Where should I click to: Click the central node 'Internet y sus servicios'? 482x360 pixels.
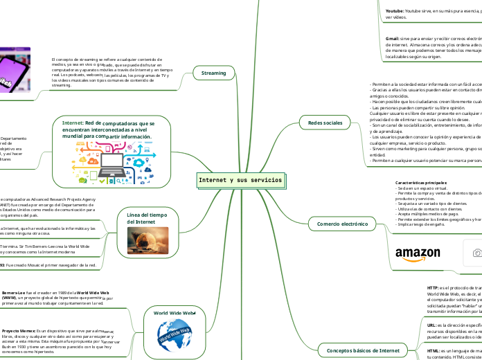click(240, 180)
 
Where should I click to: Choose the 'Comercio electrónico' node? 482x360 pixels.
click(342, 224)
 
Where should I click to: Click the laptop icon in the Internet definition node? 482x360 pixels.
click(111, 163)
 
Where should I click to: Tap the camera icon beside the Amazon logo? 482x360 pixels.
click(476, 253)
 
